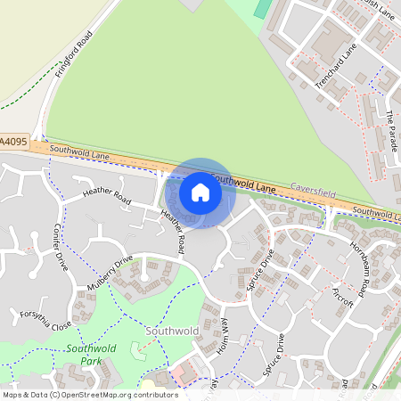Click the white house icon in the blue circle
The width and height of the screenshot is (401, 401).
tap(200, 192)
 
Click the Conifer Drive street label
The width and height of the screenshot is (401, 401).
tap(61, 247)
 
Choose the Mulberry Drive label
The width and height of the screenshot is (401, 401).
tap(110, 273)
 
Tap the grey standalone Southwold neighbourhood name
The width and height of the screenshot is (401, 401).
tap(171, 331)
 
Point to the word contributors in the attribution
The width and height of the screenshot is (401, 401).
tap(151, 395)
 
